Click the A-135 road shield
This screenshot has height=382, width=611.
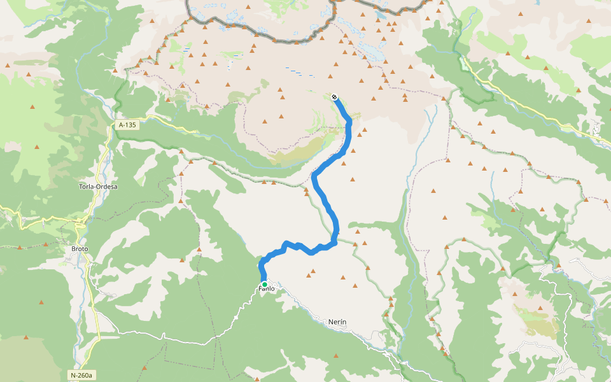pos(127,125)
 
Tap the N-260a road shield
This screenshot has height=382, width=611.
pos(81,375)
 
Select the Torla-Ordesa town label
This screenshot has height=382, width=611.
pos(97,187)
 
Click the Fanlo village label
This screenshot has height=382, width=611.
pos(266,289)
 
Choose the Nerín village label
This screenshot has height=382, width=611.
pos(337,322)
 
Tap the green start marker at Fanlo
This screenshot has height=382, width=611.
pos(264,284)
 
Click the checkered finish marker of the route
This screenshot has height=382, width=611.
pos(334,97)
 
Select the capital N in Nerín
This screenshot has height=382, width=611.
pos(331,322)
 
